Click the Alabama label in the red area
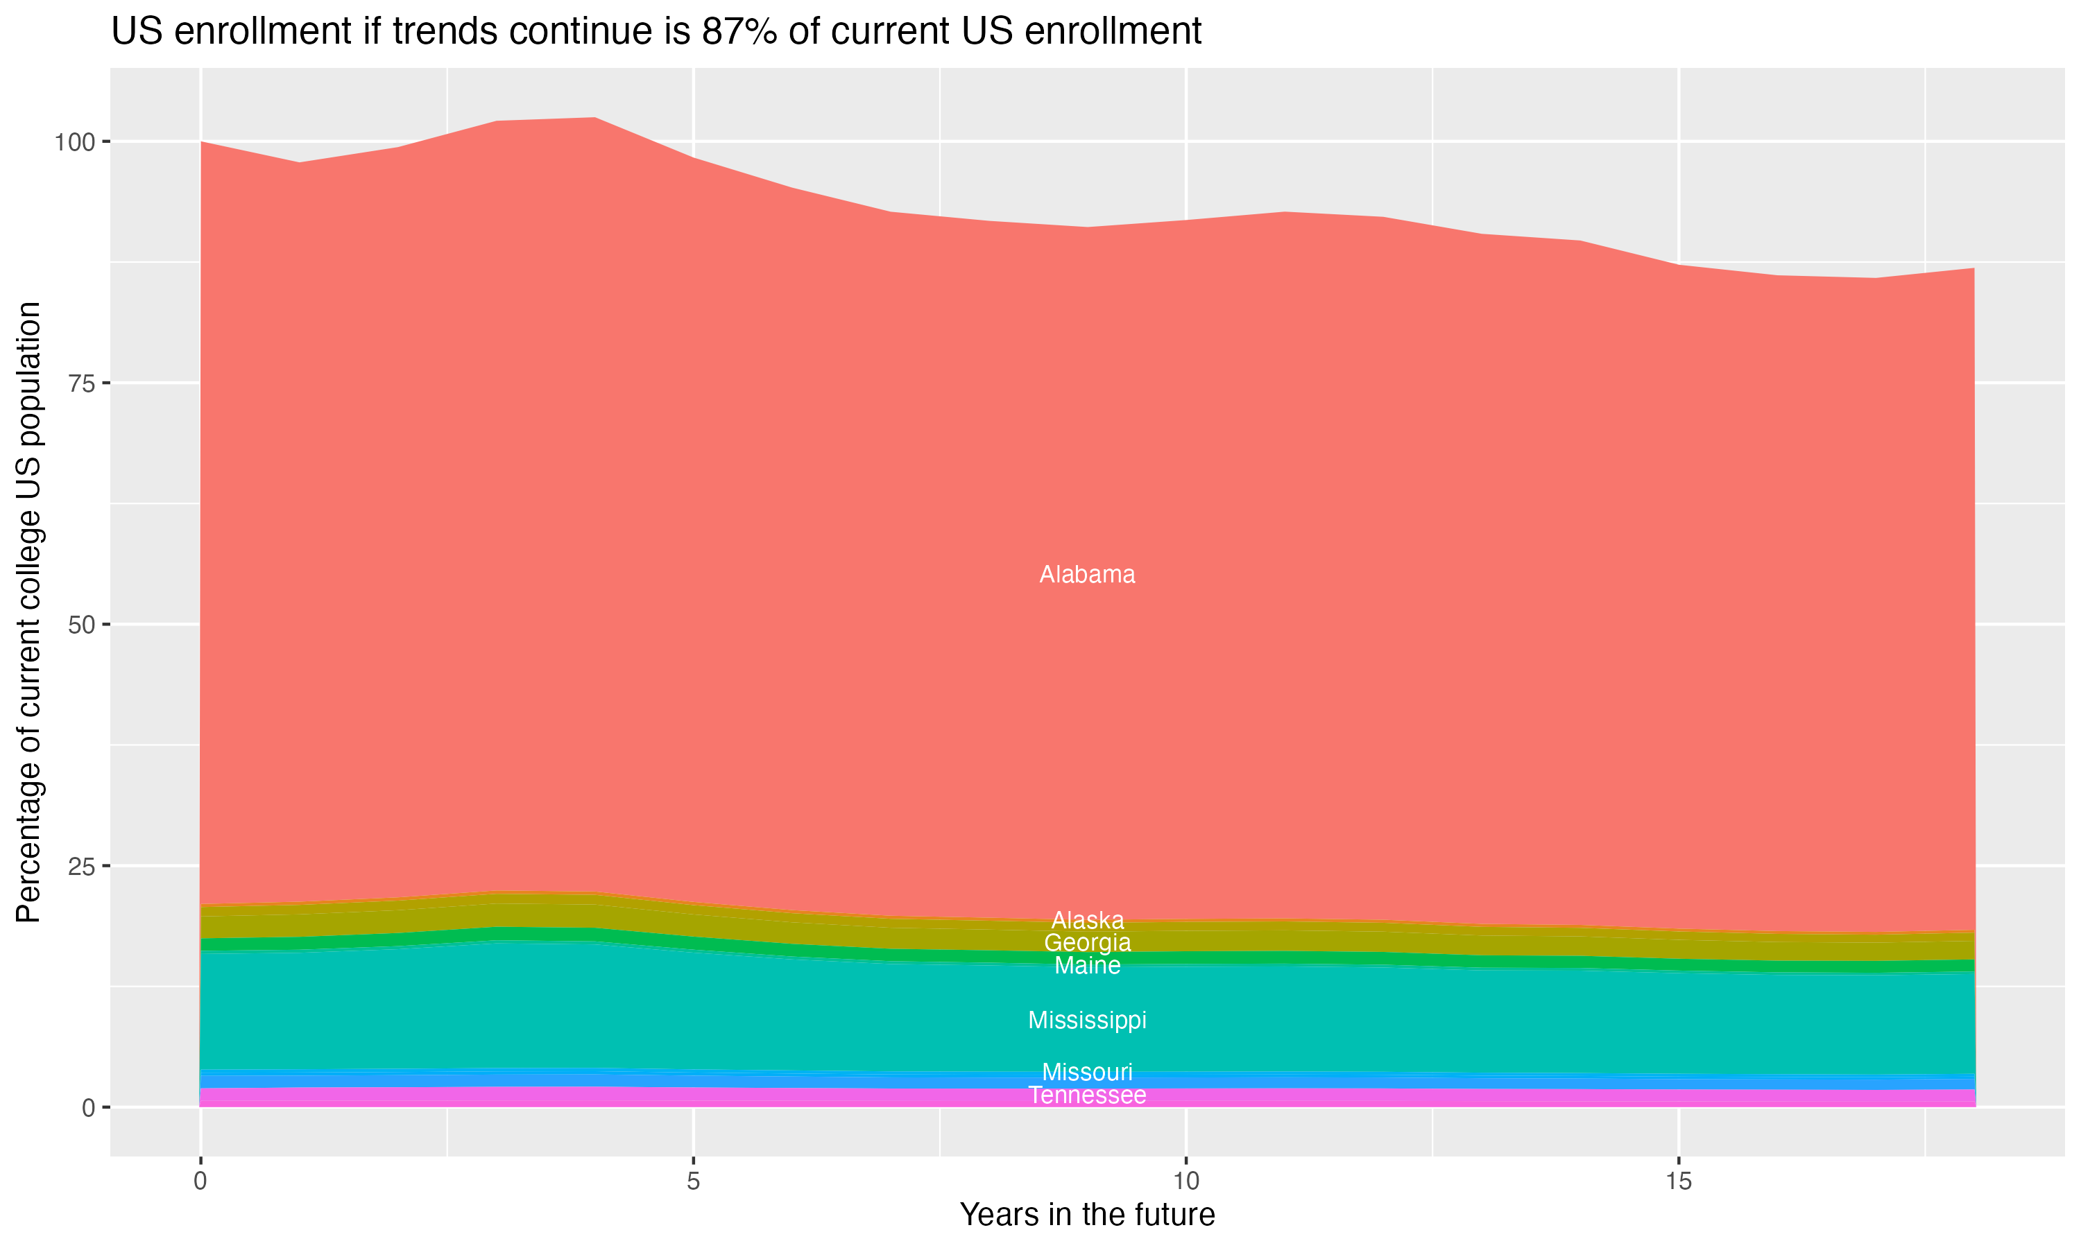[1087, 574]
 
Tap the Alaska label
[1087, 920]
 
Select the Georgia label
[1087, 943]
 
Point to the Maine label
[1087, 965]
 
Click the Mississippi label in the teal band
[1087, 1020]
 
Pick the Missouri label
[1087, 1072]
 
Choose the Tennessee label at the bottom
[1087, 1095]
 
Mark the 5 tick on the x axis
[693, 1181]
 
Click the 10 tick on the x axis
[1185, 1181]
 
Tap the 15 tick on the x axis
[1678, 1181]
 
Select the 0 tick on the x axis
[200, 1181]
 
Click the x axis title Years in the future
[1087, 1214]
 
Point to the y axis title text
[28, 612]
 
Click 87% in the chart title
[739, 32]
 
